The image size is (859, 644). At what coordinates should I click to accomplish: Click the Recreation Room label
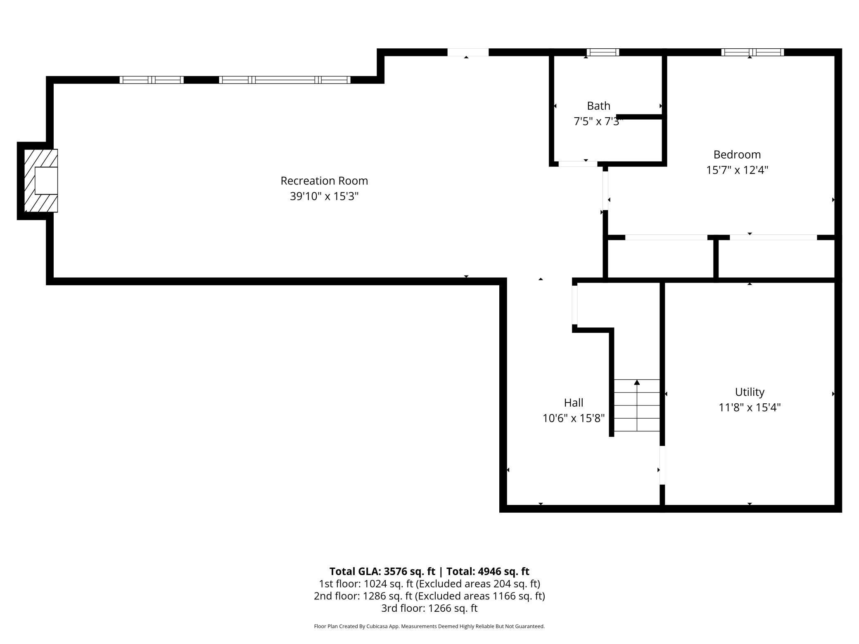coord(324,181)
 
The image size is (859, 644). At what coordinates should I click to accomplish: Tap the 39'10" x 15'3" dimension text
coord(324,196)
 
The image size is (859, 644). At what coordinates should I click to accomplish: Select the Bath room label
coord(598,106)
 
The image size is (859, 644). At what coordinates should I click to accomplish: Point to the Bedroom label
coord(737,154)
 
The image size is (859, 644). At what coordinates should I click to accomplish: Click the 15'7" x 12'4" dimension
coord(737,170)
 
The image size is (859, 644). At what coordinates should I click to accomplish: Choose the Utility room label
coord(749,392)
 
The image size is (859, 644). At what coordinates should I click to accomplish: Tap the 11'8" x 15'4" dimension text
coord(749,407)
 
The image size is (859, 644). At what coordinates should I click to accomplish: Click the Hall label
coord(574,402)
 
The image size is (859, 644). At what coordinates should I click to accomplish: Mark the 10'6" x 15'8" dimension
coord(574,418)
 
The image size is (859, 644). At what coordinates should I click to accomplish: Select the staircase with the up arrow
coord(636,405)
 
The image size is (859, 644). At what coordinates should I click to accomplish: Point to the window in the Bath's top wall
coord(603,52)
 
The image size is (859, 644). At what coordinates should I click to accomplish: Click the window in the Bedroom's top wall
coord(752,52)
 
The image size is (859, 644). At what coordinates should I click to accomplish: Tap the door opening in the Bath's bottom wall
coord(577,164)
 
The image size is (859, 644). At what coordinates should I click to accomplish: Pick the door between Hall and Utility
coord(662,465)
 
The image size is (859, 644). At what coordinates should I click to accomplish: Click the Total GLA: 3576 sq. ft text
coord(382,571)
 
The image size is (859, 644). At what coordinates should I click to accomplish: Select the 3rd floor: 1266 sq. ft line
coord(429,608)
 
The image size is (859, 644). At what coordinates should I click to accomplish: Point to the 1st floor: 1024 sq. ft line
coord(429,584)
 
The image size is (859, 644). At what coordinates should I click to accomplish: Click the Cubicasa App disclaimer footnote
coord(429,626)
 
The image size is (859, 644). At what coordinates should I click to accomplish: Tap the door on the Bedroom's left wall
coord(605,191)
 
